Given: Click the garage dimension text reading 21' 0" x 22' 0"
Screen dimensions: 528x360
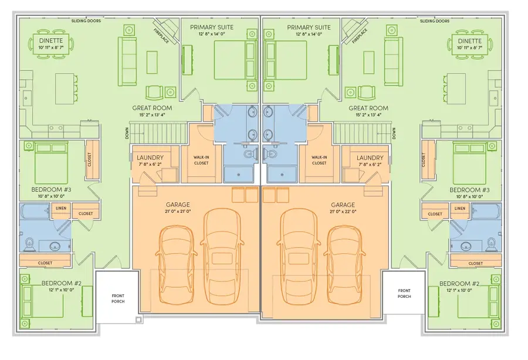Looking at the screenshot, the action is (343, 212).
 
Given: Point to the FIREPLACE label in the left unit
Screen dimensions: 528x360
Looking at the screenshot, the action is (161, 36).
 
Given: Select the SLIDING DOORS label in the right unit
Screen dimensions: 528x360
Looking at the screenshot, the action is (434, 21).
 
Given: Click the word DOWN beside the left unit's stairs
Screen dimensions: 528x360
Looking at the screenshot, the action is (127, 133).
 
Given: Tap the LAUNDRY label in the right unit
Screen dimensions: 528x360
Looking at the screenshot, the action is (370, 158).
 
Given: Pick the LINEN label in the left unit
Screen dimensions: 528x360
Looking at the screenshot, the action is (61, 208).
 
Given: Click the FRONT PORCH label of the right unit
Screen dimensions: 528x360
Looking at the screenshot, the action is (404, 293).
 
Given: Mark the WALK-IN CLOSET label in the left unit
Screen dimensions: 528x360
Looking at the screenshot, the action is (201, 160).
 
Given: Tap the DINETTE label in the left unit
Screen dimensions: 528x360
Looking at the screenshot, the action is (51, 40).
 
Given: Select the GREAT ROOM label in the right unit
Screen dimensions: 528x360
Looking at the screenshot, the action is (368, 108).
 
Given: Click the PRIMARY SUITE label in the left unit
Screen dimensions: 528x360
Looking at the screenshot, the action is (211, 27).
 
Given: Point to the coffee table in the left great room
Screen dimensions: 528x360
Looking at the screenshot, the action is (152, 62).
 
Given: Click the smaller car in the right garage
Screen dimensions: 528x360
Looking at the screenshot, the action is (345, 265).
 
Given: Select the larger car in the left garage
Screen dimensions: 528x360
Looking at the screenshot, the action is (222, 257).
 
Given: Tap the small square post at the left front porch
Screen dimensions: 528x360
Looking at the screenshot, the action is (138, 320).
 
